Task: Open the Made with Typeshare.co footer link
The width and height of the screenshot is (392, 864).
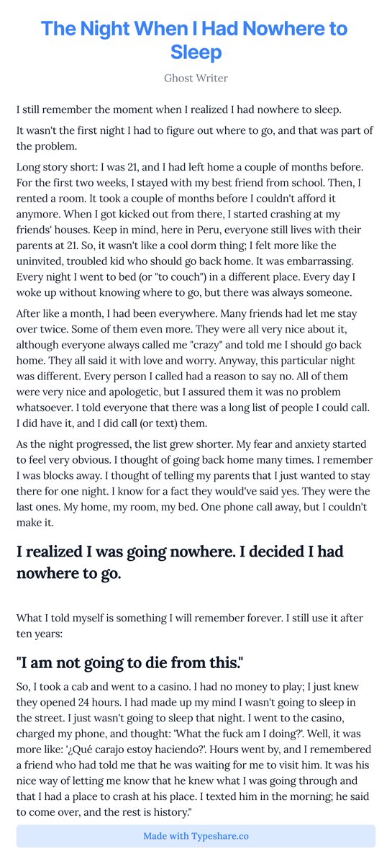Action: [196, 836]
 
